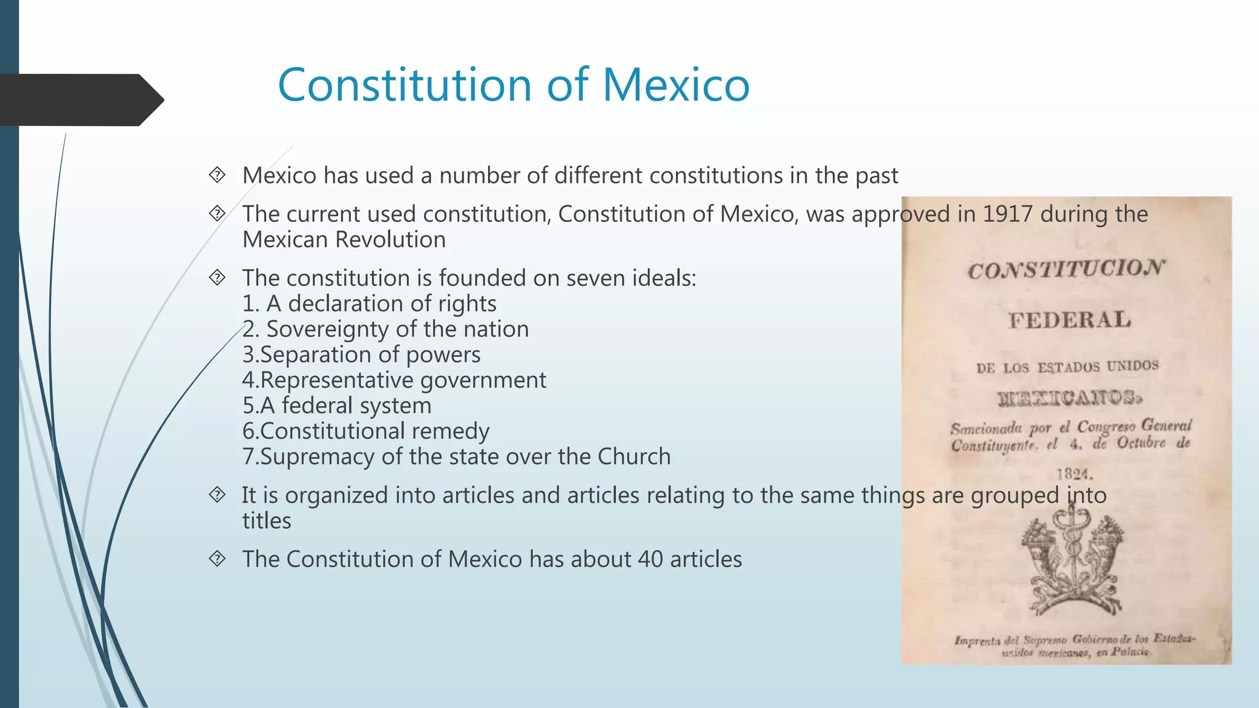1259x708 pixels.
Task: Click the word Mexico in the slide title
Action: coord(676,85)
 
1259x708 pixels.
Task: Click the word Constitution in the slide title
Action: coord(405,85)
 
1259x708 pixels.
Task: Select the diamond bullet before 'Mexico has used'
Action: coord(217,175)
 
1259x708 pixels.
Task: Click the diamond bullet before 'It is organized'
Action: coord(217,495)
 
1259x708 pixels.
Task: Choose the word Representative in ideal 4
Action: coord(337,380)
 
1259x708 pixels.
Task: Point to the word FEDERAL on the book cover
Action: coord(1069,320)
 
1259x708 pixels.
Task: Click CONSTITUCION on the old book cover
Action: coord(1065,269)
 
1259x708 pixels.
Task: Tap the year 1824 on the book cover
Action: coord(1074,474)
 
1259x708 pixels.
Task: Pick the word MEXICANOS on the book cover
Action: coord(1070,398)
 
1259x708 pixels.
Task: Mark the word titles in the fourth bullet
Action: coord(266,521)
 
